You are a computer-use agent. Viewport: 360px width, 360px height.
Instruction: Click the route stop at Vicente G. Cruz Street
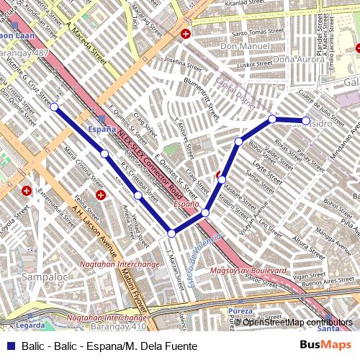coord(54,107)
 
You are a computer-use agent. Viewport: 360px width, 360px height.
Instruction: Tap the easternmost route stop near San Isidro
coord(305,120)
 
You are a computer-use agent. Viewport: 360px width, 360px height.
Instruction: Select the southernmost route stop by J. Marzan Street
coord(171,233)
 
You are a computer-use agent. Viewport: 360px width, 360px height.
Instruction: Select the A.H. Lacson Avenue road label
coord(94,230)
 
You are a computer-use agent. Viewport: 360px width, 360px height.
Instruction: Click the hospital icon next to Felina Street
coord(101,194)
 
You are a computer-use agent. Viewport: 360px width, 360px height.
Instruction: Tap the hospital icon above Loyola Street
coord(27,191)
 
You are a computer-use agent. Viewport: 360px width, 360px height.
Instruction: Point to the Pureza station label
coord(240,310)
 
